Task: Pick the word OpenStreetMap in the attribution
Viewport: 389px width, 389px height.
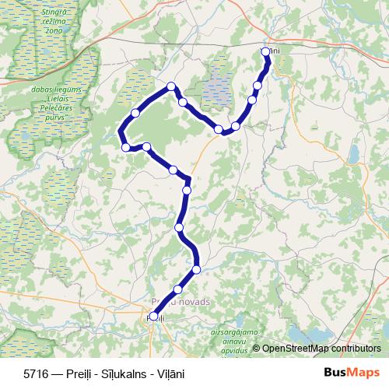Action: pos(296,349)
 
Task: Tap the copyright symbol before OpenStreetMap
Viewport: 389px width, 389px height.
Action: pos(256,349)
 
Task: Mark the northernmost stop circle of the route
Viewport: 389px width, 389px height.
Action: pos(266,52)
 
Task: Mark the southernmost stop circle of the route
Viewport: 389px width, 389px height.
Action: pos(153,317)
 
